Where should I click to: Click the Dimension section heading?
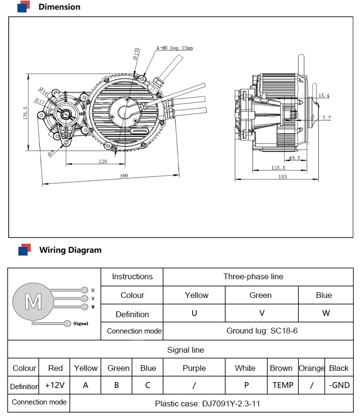pos(59,7)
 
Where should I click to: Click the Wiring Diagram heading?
pos(70,250)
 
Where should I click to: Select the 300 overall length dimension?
pos(123,177)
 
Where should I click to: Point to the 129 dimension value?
pos(103,162)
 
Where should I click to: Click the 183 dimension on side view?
pos(282,177)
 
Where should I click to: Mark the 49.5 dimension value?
pos(294,158)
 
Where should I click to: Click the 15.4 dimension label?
pos(324,96)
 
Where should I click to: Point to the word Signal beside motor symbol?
pos(81,323)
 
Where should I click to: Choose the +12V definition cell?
pos(55,385)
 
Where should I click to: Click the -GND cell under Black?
pos(339,385)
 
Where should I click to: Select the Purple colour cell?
pos(194,368)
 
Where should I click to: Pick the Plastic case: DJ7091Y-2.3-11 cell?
pos(207,404)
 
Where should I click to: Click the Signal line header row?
pos(185,350)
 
